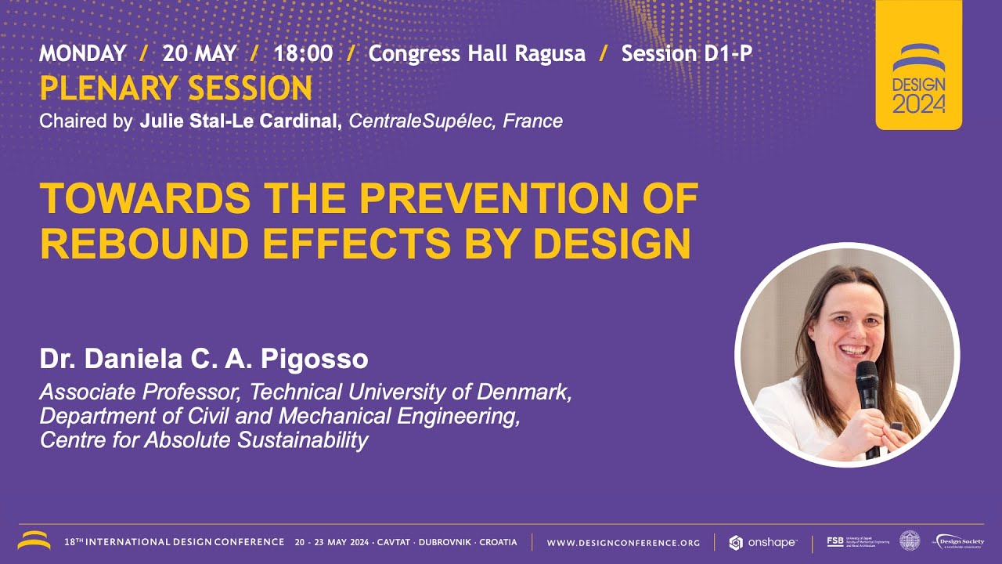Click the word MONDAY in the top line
pyautogui.click(x=82, y=53)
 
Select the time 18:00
pyautogui.click(x=303, y=53)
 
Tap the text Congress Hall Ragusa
pyautogui.click(x=477, y=53)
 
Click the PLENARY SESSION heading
pyautogui.click(x=175, y=89)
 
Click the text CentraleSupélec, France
pyautogui.click(x=456, y=121)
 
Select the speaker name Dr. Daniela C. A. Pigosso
pyautogui.click(x=204, y=360)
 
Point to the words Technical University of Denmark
pyautogui.click(x=410, y=392)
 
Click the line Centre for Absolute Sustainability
pyautogui.click(x=204, y=440)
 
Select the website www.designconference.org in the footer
pyautogui.click(x=623, y=542)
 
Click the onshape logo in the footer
pyautogui.click(x=762, y=542)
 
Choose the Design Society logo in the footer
pyautogui.click(x=958, y=541)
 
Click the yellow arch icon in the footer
pyautogui.click(x=34, y=540)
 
